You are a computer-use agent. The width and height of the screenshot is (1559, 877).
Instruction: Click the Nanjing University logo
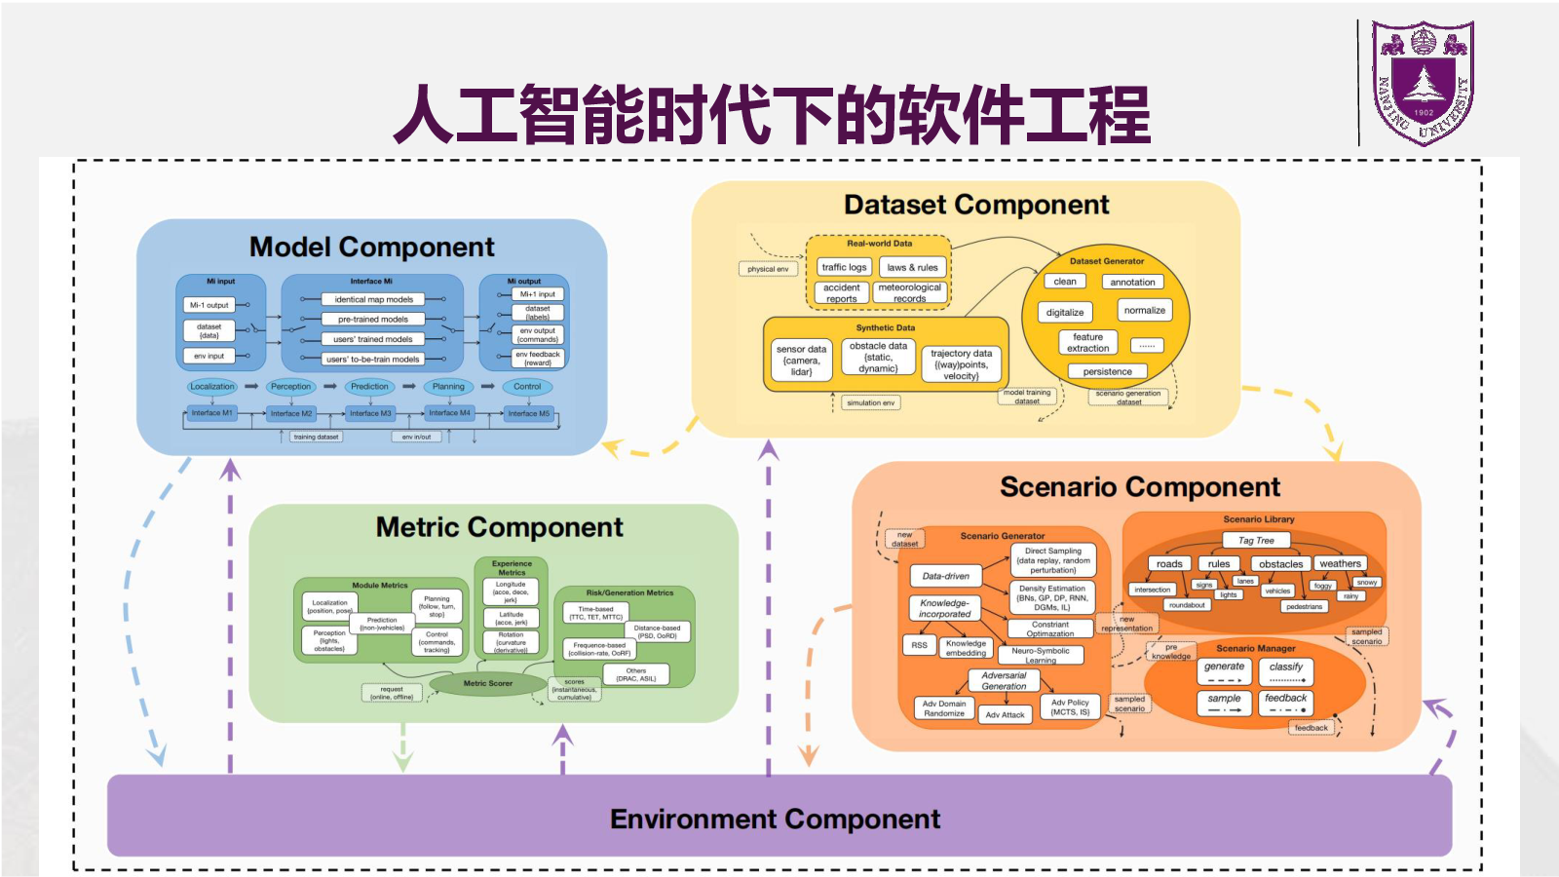click(x=1424, y=83)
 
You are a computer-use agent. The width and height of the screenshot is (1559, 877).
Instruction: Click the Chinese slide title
click(x=772, y=115)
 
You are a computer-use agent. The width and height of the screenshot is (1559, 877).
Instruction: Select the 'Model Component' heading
click(x=371, y=248)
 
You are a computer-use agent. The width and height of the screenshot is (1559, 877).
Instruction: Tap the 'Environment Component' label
click(x=775, y=819)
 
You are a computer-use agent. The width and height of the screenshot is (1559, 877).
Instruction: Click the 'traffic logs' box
click(x=844, y=267)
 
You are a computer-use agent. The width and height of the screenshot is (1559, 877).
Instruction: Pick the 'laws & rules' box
click(x=912, y=267)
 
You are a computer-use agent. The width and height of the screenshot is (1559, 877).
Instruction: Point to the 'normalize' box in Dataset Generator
click(x=1144, y=311)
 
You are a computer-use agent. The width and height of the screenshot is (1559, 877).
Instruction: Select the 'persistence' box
click(x=1107, y=371)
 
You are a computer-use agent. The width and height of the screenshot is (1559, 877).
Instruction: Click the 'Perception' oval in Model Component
click(x=290, y=387)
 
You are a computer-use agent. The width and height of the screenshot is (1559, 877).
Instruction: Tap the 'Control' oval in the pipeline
click(x=527, y=387)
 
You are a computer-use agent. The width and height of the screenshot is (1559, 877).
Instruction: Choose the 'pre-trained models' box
click(x=373, y=320)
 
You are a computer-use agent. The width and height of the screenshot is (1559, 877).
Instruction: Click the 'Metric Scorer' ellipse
click(x=488, y=683)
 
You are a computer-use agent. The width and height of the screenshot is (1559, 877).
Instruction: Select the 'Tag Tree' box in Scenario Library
click(x=1256, y=540)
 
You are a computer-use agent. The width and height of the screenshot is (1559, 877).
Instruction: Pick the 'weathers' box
click(x=1340, y=563)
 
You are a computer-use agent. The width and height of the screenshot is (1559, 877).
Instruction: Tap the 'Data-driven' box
click(x=945, y=576)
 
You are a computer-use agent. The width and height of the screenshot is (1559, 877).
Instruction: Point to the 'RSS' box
click(x=919, y=645)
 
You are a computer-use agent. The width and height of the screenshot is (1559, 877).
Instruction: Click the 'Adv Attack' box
click(x=1005, y=715)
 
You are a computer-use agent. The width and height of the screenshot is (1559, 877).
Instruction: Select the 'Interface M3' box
click(x=370, y=413)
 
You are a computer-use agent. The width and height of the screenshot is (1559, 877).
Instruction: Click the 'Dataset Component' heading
click(x=976, y=205)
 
